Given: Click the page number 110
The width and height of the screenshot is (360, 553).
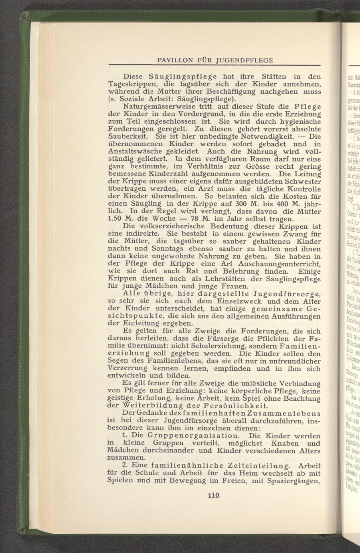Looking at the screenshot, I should pos(212,496).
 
